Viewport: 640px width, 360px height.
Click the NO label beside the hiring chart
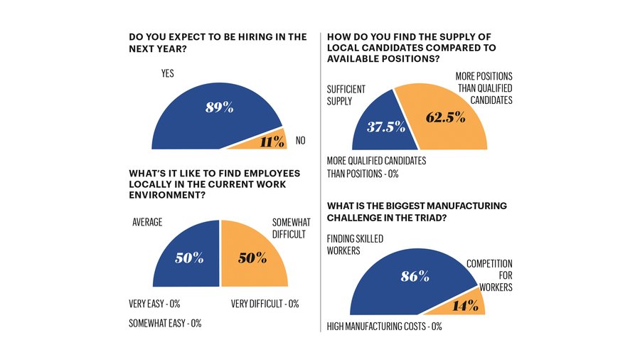[x=300, y=141]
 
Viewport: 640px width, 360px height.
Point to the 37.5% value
[x=386, y=127]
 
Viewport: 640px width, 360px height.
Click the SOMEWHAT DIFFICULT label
[x=292, y=228]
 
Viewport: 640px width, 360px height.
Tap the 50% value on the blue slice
[x=189, y=258]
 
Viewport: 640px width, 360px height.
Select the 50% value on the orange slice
[x=250, y=258]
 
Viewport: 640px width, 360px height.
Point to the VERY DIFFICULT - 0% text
[x=265, y=304]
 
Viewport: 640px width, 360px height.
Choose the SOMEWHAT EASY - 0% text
[x=165, y=323]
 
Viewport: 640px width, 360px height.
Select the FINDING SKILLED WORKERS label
[x=355, y=245]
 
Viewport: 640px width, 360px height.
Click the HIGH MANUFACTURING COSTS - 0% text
[x=384, y=327]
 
